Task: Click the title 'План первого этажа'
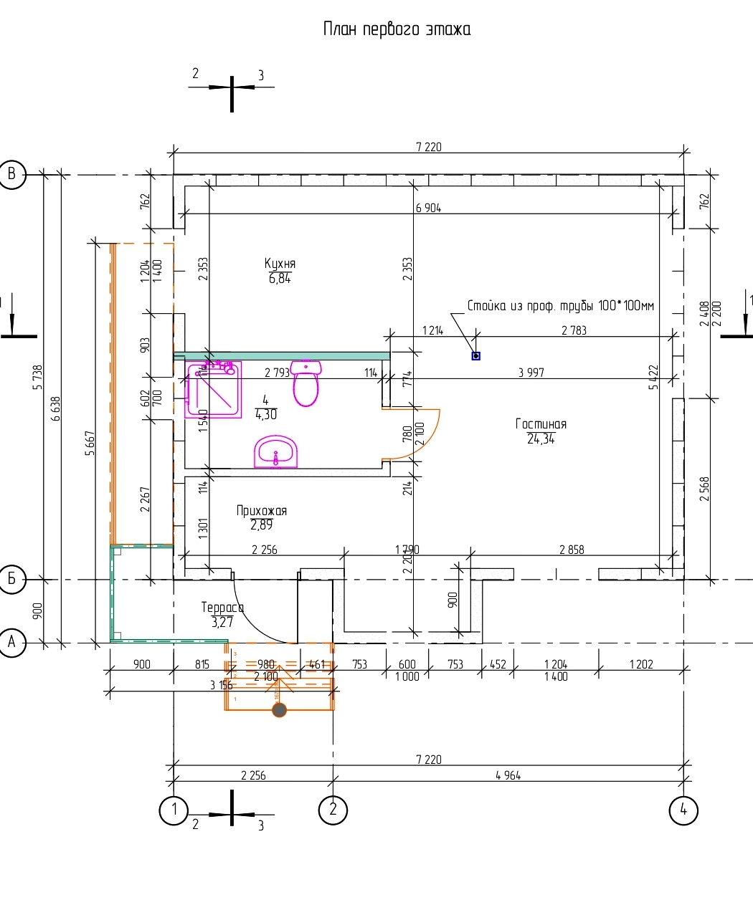(397, 29)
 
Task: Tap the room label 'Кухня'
(280, 264)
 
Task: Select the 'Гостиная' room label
(541, 424)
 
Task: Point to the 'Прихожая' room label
(261, 511)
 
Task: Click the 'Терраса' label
(222, 608)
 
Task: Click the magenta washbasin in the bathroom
(275, 451)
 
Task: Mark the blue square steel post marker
(475, 355)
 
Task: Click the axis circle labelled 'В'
(12, 173)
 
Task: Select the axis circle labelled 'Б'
(12, 578)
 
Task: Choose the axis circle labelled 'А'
(12, 643)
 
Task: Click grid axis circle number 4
(683, 810)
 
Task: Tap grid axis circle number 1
(174, 810)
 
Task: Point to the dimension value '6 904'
(428, 208)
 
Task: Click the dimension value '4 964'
(508, 775)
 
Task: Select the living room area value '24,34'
(541, 439)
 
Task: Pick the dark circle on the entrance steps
(279, 710)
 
